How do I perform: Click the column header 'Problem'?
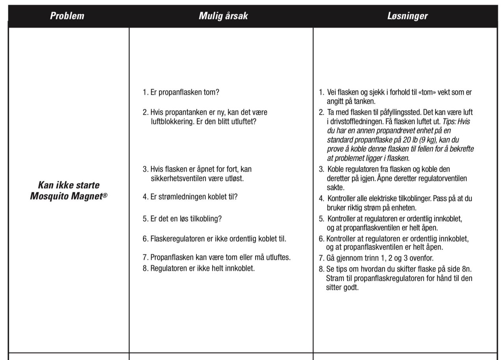coord(67,16)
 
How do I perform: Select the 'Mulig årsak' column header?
coord(223,16)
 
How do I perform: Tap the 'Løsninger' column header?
coord(407,16)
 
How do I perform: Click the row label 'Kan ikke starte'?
coord(69,185)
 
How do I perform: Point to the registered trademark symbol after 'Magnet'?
coord(105,194)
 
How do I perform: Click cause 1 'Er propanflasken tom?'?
coord(181,93)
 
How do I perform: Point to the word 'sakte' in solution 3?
coord(335,188)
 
